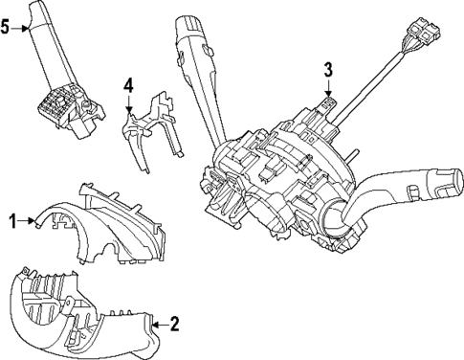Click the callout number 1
click(12, 221)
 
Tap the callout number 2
click(174, 325)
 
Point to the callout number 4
click(127, 87)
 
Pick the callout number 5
click(6, 27)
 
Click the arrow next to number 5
click(23, 28)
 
